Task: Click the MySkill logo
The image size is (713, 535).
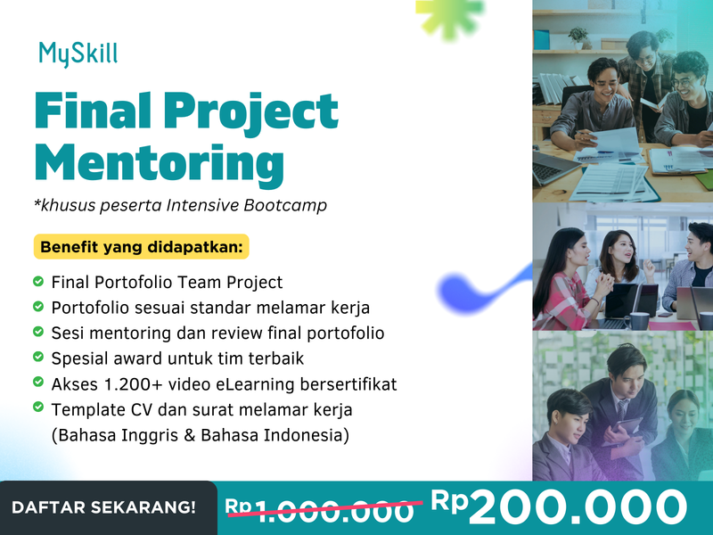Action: point(78,54)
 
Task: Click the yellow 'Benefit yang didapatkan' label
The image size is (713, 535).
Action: point(142,245)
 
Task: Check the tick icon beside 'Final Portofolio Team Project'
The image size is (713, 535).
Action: point(38,282)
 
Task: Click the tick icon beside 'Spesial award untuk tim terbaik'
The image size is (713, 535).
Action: point(38,358)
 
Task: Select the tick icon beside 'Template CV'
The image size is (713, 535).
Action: point(38,408)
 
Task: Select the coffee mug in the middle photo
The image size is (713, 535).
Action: point(639,320)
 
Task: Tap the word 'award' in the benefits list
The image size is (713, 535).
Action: point(136,358)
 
